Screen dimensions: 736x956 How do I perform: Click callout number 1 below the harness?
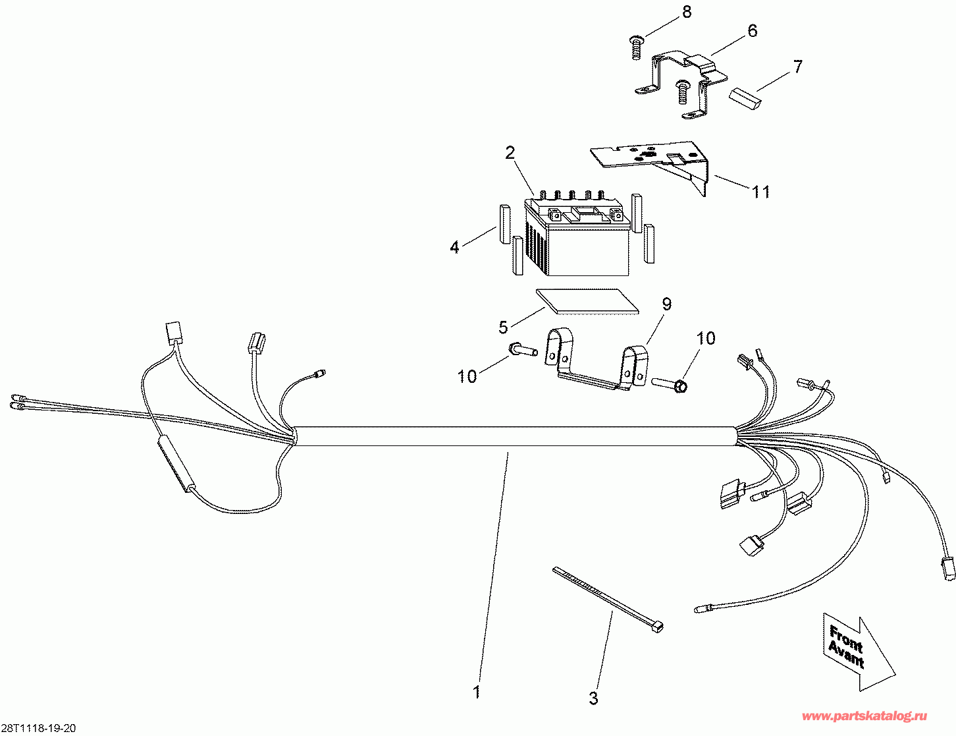476,693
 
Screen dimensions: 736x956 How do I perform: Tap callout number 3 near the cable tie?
593,698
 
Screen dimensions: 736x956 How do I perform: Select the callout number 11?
761,192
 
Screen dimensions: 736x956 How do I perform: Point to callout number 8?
687,13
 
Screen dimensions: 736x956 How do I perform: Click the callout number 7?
798,67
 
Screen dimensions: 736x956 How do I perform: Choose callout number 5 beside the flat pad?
503,326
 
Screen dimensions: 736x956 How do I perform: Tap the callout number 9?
666,304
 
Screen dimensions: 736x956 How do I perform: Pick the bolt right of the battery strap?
670,383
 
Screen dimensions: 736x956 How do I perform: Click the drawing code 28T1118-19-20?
38,728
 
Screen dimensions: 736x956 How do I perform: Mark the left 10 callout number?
467,377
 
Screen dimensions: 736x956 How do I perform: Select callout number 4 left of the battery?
454,248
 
